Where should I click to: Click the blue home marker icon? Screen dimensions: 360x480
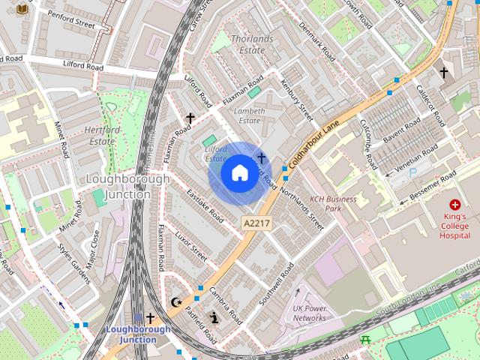[x=239, y=173]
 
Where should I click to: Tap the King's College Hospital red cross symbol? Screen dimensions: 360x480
[x=454, y=204]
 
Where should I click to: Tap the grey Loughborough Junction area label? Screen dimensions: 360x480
[x=118, y=187]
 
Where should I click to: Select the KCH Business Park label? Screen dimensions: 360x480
[x=333, y=203]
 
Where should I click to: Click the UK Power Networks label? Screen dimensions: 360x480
[x=309, y=313]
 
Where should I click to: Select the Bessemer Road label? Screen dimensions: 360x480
[x=430, y=187]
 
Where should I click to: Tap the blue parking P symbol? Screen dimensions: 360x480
[x=412, y=173]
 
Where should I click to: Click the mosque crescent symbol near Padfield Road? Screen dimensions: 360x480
[x=178, y=302]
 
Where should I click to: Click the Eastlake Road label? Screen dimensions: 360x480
[x=205, y=204]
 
